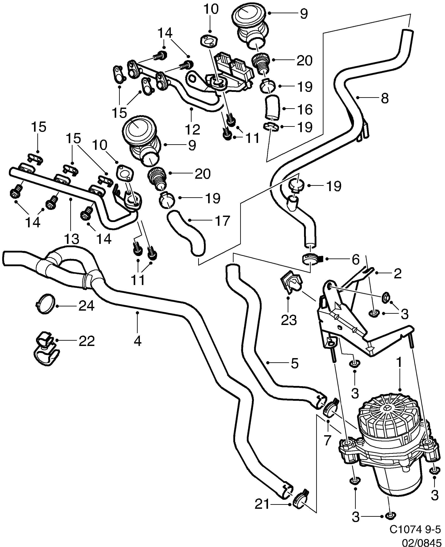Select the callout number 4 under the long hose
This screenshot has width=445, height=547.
click(137, 341)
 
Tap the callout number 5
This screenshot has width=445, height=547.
click(295, 363)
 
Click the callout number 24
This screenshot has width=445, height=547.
click(86, 306)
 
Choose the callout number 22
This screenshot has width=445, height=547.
click(86, 341)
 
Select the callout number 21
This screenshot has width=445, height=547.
click(262, 504)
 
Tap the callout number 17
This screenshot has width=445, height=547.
click(222, 221)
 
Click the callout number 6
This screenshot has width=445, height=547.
click(356, 260)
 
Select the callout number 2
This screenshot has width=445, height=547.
click(397, 274)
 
